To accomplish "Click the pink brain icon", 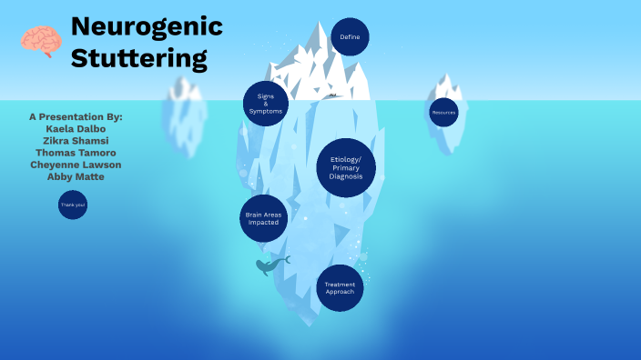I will pos(41,41).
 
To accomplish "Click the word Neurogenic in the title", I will pos(147,26).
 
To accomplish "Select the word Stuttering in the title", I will pos(139,59).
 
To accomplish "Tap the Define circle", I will pos(350,37).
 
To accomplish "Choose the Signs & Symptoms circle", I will pos(266,104).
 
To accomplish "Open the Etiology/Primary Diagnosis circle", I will pos(346,168).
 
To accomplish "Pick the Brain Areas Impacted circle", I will pos(263,219).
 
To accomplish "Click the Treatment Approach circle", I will pos(340,287).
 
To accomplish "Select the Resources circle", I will pos(443,112).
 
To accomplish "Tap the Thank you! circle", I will pos(72,205).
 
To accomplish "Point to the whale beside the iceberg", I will pos(270,265).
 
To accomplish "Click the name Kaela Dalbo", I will pos(76,129).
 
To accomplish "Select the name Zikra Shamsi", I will pos(76,141).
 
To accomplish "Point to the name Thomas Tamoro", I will pos(76,153).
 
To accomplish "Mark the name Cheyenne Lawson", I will pos(76,165).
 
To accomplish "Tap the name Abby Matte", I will pos(76,176).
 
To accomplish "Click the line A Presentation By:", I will pos(76,117).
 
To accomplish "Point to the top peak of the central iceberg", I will pos(320,23).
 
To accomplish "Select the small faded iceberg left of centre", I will pos(184,114).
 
